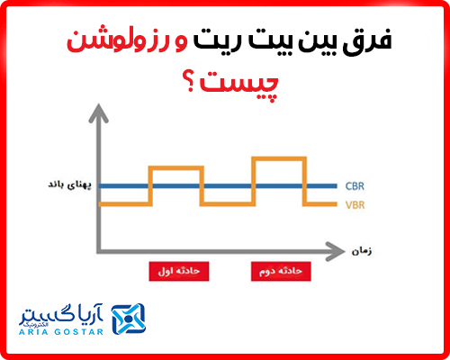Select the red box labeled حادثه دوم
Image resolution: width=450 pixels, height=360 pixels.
pos(277,269)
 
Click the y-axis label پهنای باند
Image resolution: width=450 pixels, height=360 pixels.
pos(67,185)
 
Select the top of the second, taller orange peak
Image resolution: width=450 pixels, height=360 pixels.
pos(278,158)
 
